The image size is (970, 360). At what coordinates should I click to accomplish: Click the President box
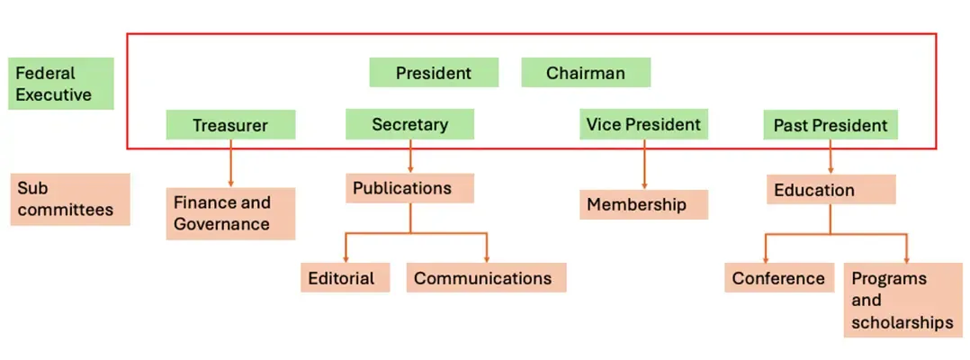(434, 73)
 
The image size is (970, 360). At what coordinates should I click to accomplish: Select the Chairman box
(586, 73)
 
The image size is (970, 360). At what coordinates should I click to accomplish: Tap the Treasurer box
(230, 125)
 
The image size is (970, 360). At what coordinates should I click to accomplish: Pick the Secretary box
(410, 124)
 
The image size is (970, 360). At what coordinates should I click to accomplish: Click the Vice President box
(643, 124)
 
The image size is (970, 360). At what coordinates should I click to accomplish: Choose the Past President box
(830, 125)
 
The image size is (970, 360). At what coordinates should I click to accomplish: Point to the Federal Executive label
(61, 84)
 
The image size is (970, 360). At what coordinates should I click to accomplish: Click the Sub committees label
(69, 199)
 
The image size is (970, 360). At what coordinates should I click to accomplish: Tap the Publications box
(409, 188)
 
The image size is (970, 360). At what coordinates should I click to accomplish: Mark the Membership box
(643, 204)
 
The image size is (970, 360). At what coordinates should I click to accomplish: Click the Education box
(831, 190)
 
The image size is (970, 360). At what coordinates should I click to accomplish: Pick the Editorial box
(345, 278)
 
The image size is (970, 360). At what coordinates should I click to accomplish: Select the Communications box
(486, 278)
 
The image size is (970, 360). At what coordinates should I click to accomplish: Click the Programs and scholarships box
(903, 300)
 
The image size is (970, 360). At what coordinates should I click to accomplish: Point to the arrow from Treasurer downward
(230, 163)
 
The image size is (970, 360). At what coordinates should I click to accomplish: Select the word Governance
(221, 224)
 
